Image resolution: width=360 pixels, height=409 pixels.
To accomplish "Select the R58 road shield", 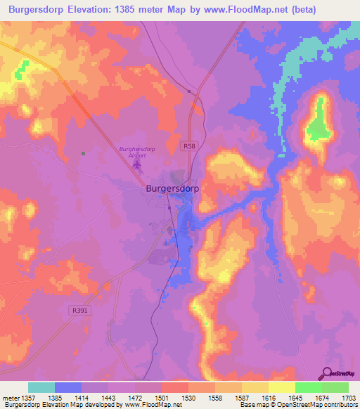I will (x=186, y=145).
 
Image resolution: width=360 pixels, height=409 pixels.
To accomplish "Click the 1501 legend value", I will (x=162, y=398).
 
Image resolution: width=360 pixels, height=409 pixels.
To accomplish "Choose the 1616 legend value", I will (x=269, y=398).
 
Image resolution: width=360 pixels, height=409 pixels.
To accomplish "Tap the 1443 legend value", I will (x=108, y=398).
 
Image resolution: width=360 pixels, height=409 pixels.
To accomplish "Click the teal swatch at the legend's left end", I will (x=41, y=387).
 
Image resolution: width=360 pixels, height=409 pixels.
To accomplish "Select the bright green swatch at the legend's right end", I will (x=335, y=387).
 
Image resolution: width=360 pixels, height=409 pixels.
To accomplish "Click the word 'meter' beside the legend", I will (x=10, y=398).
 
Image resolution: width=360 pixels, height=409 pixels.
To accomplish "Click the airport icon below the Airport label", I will (x=136, y=165).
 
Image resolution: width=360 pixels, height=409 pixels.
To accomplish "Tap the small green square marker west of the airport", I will (x=83, y=153).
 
